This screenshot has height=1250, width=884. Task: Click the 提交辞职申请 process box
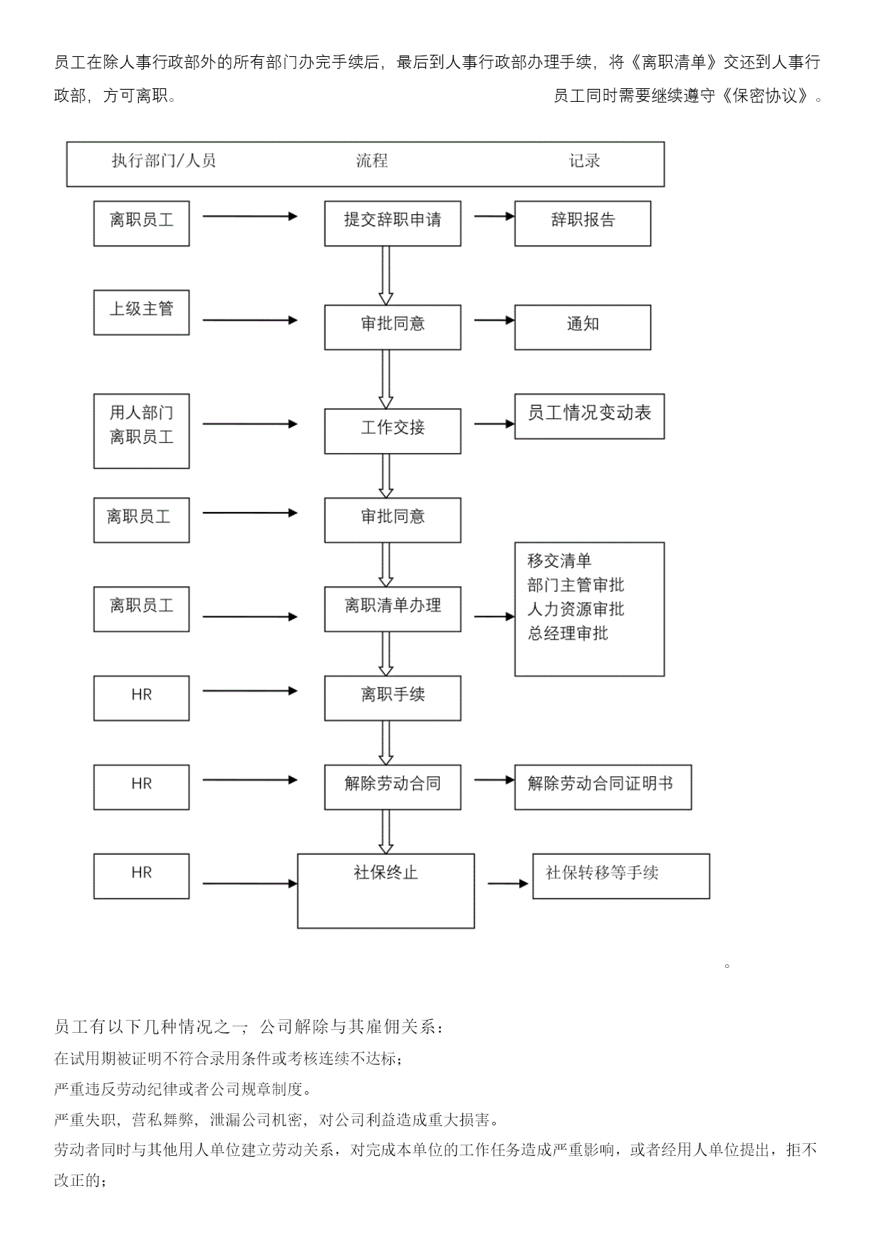pos(392,224)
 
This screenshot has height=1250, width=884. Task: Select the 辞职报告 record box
pos(583,224)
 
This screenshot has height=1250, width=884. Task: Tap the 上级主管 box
pos(142,312)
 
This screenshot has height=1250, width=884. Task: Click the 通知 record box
pos(583,328)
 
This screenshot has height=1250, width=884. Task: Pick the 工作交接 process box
pos(392,431)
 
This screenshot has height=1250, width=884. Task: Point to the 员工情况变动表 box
pos(590,416)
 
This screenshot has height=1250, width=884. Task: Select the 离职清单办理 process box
pos(392,609)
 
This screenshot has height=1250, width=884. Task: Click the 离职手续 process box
pos(392,698)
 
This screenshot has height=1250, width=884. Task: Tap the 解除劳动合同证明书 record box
pos(603,787)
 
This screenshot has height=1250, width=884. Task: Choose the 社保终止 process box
pos(386,891)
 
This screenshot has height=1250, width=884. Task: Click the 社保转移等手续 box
pos(621,876)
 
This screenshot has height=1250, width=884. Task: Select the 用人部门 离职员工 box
pos(142,431)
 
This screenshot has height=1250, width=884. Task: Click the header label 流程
pos(372,161)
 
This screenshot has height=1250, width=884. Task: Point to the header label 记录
pos(585,161)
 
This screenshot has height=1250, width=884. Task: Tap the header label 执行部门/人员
pos(164,161)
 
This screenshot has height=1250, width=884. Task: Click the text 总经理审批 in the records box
pos(568,633)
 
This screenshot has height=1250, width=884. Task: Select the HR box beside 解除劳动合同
pos(142,787)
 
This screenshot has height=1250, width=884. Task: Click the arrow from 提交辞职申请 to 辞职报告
pos(494,216)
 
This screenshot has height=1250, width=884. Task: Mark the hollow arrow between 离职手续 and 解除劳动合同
pos(386,743)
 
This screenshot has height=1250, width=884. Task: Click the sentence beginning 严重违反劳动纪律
pos(183,1089)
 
